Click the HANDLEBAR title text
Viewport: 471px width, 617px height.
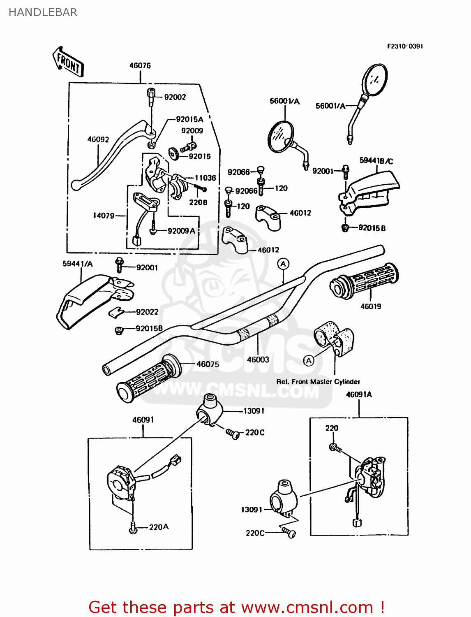point(43,12)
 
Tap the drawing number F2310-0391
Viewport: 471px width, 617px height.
point(404,46)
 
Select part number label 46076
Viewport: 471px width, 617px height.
point(140,65)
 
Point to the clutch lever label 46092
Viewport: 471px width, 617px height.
point(98,139)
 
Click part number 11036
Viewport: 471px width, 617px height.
point(205,178)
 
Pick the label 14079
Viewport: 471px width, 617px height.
point(104,216)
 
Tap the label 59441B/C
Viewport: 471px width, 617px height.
point(376,160)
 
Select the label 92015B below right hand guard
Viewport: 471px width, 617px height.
point(372,228)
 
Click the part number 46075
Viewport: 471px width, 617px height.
point(208,364)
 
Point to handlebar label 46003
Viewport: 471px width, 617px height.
point(258,360)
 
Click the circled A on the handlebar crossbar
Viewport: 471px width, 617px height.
point(283,264)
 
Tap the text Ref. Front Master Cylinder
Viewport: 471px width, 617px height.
point(318,382)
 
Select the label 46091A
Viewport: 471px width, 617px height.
point(359,394)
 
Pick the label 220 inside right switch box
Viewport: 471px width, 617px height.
point(332,428)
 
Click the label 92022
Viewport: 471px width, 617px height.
point(147,312)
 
